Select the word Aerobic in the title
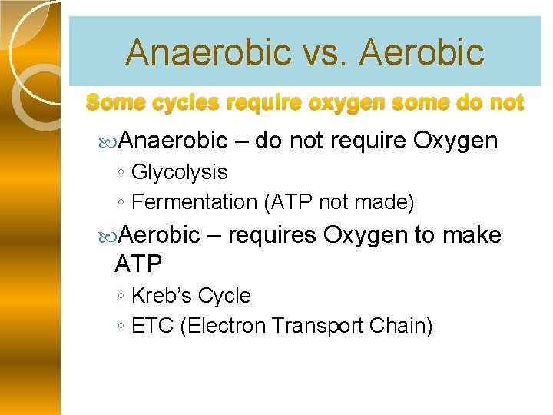pos(421,53)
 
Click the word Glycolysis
pos(179,172)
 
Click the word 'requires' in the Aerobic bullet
pos(272,234)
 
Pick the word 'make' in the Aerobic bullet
pos(472,234)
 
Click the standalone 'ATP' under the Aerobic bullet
pos(138,264)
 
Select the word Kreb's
pos(162,296)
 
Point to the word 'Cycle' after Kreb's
pos(224,296)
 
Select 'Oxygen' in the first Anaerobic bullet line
pos(455,141)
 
